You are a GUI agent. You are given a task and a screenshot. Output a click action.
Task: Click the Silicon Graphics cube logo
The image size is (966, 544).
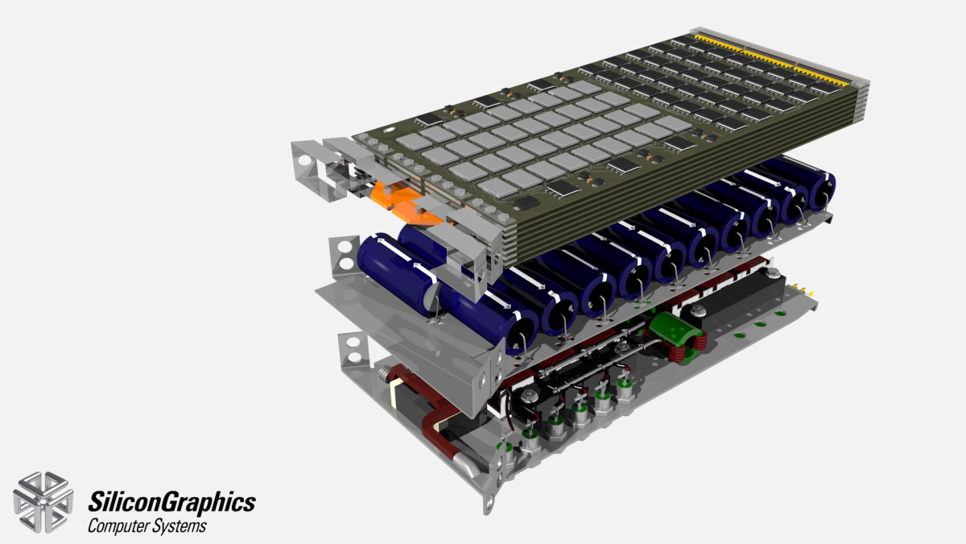coord(43,503)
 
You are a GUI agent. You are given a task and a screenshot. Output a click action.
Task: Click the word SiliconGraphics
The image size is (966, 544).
coord(171,503)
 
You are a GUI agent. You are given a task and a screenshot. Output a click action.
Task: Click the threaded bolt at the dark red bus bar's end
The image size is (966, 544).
coord(384,372)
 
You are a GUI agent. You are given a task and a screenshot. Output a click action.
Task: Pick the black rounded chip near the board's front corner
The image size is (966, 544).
coord(526,203)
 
